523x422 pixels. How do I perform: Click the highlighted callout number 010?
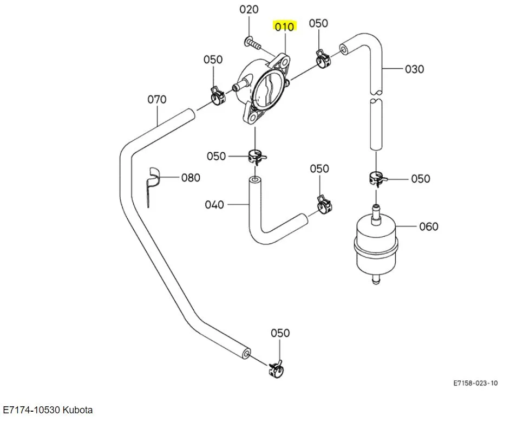click(x=285, y=27)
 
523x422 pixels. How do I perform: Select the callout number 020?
click(x=249, y=9)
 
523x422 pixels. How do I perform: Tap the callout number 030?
click(x=414, y=69)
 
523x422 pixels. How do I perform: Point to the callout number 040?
click(x=214, y=204)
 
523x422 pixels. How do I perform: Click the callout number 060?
click(x=429, y=226)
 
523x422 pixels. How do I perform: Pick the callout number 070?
click(x=157, y=100)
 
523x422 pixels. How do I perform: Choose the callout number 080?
click(x=191, y=178)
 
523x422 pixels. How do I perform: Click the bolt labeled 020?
click(x=252, y=43)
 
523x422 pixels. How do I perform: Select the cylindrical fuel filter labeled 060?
click(x=375, y=245)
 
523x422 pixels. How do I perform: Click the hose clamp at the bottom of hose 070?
click(x=276, y=369)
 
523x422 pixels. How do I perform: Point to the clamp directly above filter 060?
click(x=377, y=178)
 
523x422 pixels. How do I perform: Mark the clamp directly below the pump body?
click(x=257, y=156)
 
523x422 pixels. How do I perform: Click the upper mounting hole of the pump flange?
click(x=285, y=62)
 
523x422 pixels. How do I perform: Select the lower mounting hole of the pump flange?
click(x=253, y=117)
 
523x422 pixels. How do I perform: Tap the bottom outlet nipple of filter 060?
click(x=376, y=280)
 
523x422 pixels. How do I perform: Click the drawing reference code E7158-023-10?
click(x=475, y=383)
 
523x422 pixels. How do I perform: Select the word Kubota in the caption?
click(x=78, y=410)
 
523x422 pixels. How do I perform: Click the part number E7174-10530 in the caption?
click(x=32, y=410)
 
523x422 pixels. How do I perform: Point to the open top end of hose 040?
click(x=254, y=180)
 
